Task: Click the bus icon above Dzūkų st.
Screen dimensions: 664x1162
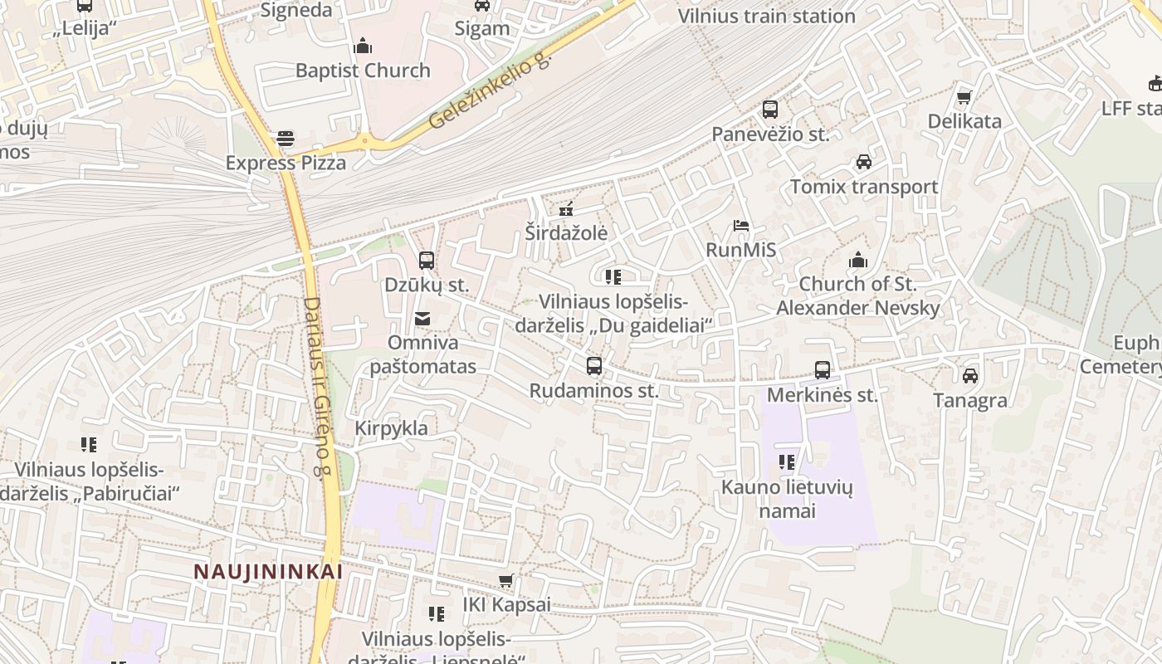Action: (427, 261)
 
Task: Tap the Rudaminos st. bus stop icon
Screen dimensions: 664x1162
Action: (594, 366)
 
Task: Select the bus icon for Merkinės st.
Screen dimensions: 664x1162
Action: (823, 370)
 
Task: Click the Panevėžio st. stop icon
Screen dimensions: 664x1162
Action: (770, 110)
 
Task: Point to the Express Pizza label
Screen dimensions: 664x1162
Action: (286, 163)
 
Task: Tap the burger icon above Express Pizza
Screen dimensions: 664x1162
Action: (286, 139)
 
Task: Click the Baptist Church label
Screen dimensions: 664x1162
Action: (363, 71)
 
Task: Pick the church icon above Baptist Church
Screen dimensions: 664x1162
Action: (363, 46)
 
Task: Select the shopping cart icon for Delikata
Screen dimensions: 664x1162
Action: (964, 98)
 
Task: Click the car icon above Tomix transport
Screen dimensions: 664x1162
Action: (864, 162)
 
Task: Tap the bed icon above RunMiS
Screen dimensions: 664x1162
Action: (741, 226)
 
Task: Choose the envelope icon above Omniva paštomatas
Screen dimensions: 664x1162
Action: (422, 319)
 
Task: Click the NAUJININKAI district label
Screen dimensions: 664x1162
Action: (268, 572)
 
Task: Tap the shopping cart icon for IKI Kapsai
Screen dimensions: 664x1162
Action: (506, 581)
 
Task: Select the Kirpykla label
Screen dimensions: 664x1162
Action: (391, 428)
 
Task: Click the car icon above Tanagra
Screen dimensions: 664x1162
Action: (970, 376)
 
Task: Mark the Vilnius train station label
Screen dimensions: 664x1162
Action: (766, 16)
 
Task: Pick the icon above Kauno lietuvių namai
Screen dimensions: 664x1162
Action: (787, 461)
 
